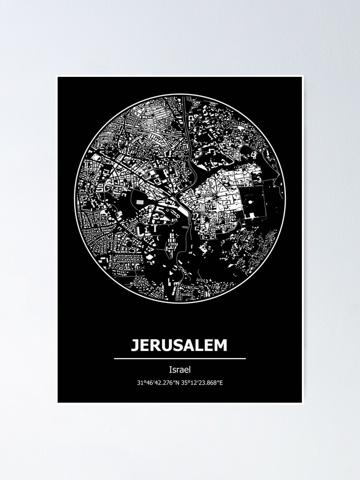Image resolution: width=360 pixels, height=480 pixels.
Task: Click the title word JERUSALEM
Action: coord(180,345)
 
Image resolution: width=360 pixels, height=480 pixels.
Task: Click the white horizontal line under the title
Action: coord(180,358)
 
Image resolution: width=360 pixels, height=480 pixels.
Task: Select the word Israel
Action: coord(180,370)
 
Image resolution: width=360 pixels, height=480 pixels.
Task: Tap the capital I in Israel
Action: coord(170,370)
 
